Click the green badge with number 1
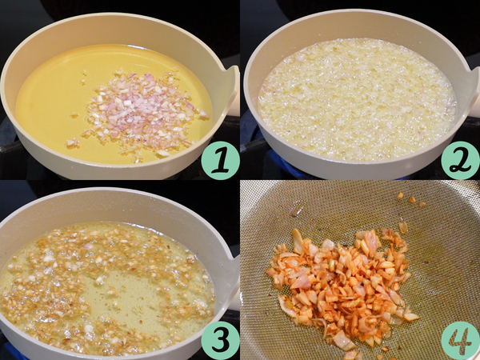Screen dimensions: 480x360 tap(221, 160)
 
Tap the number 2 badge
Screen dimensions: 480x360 tap(461, 160)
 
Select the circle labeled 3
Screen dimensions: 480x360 tap(221, 340)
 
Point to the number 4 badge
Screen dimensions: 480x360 tap(461, 340)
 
